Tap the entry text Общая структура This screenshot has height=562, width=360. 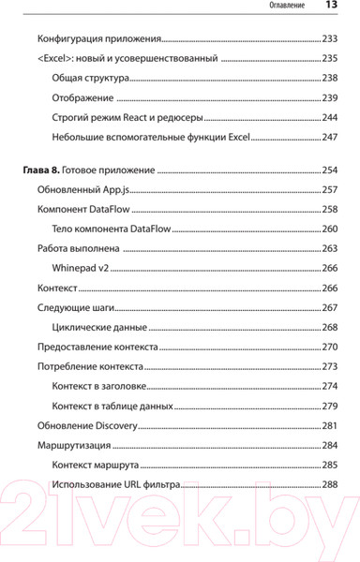[93, 78]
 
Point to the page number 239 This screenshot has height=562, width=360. [329, 97]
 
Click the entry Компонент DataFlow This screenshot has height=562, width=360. [83, 209]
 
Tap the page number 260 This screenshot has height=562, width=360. [329, 229]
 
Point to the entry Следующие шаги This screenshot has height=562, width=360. [75, 307]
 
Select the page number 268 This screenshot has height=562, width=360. [329, 327]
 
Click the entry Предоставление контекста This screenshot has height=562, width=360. [97, 347]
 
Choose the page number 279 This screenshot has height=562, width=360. [329, 406]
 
